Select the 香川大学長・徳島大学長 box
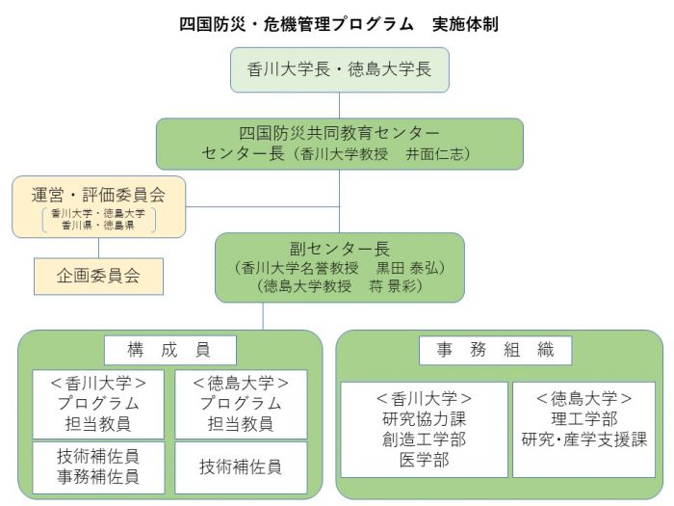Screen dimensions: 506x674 point(340,69)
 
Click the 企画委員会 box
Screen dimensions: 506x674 point(98,275)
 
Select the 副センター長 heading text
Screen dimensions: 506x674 point(340,247)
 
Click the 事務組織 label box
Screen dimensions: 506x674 point(497,350)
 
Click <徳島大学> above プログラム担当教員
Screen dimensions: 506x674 point(241,384)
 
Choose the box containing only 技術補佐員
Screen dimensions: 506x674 point(241,466)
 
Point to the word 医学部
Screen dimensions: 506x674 point(424,459)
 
